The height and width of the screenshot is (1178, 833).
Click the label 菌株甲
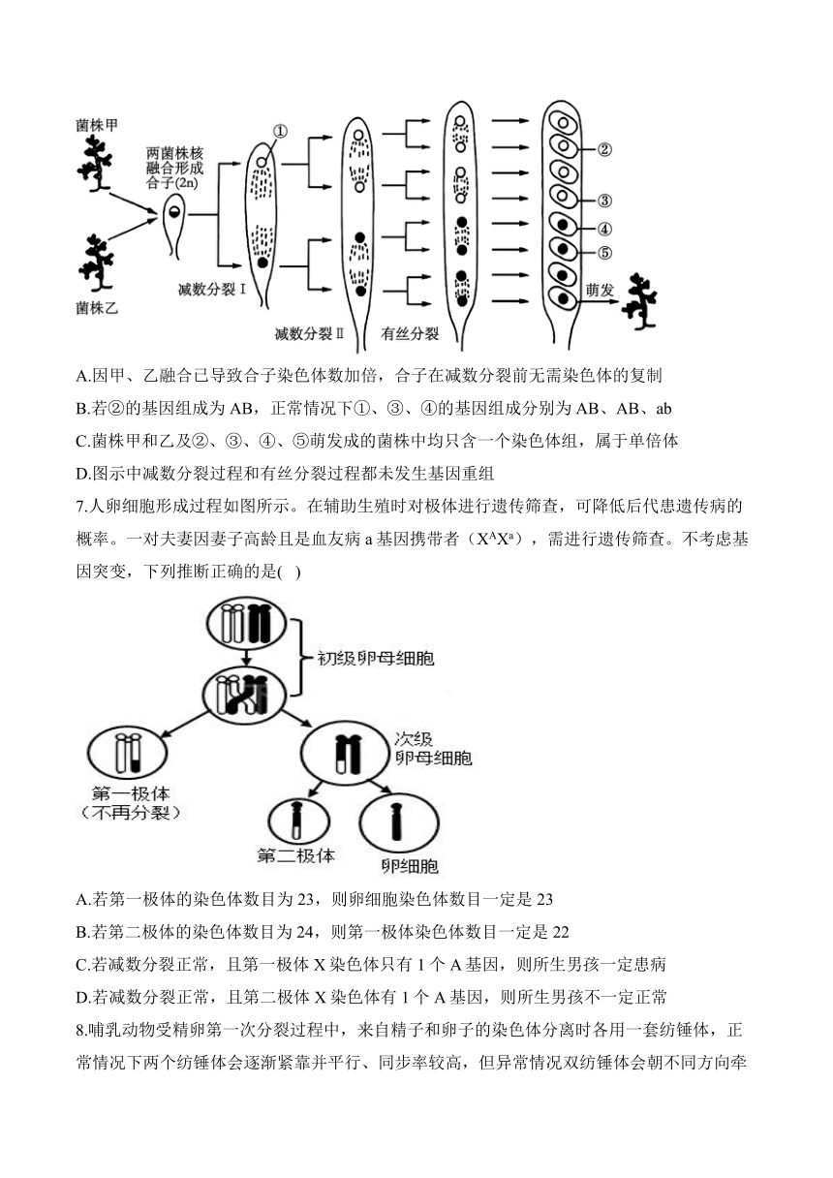97,125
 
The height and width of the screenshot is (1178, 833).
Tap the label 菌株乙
97,308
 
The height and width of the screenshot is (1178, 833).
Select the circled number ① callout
280,131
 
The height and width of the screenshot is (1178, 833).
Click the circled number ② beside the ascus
604,150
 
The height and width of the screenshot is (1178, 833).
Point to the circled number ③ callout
604,201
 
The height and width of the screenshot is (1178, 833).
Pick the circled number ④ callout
604,229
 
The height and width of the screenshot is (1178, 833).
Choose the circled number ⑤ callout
604,253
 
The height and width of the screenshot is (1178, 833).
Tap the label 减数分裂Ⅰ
212,290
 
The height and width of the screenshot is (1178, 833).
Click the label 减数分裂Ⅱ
309,333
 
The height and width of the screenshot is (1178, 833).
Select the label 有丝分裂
410,333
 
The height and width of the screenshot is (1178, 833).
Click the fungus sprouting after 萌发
639,301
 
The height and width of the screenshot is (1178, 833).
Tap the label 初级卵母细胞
376,659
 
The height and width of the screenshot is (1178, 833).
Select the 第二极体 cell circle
298,821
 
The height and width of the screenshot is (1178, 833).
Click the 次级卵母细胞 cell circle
346,754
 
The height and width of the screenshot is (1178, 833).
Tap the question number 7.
81,507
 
